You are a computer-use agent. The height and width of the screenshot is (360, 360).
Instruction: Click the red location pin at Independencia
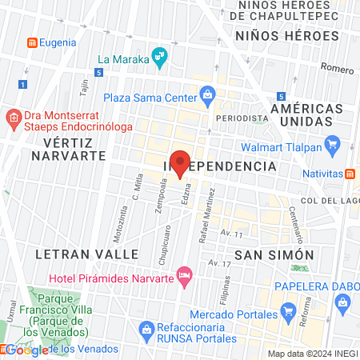(180, 162)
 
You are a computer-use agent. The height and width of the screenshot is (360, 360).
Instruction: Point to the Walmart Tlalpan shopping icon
(334, 146)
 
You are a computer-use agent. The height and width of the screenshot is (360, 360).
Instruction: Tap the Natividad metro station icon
(350, 174)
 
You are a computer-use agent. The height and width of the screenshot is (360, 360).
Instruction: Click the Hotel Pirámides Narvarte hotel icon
(185, 276)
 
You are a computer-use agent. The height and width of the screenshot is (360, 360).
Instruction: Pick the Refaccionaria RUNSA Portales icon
(146, 328)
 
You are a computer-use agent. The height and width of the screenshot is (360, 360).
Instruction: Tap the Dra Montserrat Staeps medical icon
(12, 118)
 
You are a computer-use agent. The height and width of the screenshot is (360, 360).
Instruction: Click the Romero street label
(336, 69)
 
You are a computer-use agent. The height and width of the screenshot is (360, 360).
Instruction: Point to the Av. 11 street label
(231, 233)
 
